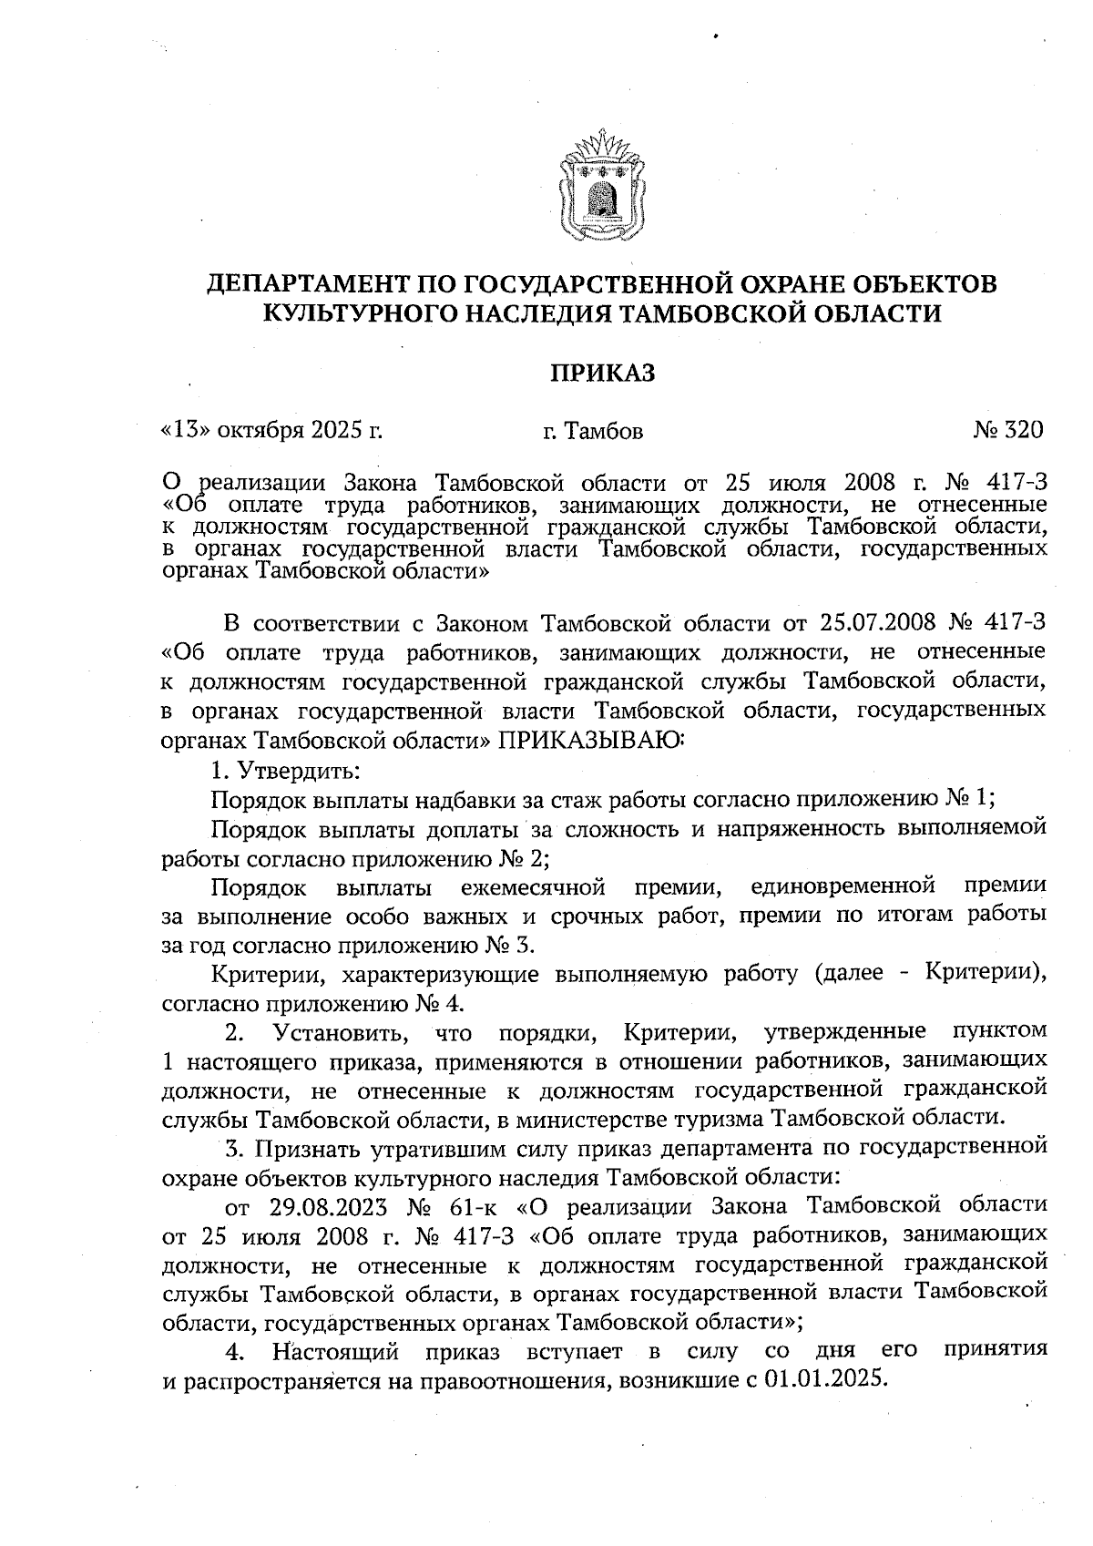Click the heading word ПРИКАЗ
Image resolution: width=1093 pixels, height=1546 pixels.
[602, 374]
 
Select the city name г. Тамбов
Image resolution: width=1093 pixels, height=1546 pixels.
[592, 431]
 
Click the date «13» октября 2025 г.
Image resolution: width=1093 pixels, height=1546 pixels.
[271, 430]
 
